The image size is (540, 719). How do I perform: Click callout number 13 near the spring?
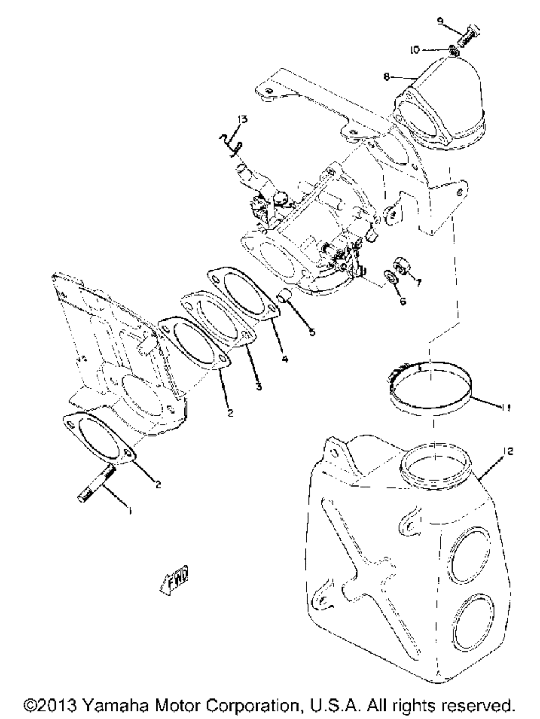coord(242,120)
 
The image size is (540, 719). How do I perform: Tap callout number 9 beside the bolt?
coord(440,21)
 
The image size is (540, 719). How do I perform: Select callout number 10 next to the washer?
coord(414,50)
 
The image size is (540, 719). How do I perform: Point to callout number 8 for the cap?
coord(387,77)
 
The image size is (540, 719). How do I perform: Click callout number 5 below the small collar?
coord(312,332)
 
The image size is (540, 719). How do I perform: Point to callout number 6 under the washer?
coord(403,301)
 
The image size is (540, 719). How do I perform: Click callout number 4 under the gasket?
coord(285,359)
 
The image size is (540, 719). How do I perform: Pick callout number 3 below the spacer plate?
coord(259,387)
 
